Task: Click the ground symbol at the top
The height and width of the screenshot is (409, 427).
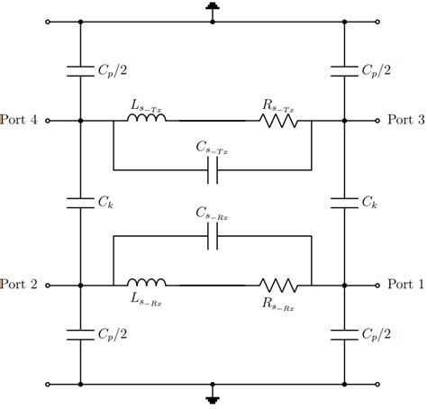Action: (213, 10)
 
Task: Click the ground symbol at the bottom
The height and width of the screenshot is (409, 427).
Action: (213, 395)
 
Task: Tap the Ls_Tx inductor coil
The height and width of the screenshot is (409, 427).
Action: (148, 117)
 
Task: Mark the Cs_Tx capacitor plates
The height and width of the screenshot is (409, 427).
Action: (213, 168)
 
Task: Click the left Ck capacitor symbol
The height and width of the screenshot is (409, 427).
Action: (81, 202)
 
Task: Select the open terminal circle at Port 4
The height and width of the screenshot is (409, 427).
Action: (48, 119)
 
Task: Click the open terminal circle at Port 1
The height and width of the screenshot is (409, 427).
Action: (377, 285)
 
